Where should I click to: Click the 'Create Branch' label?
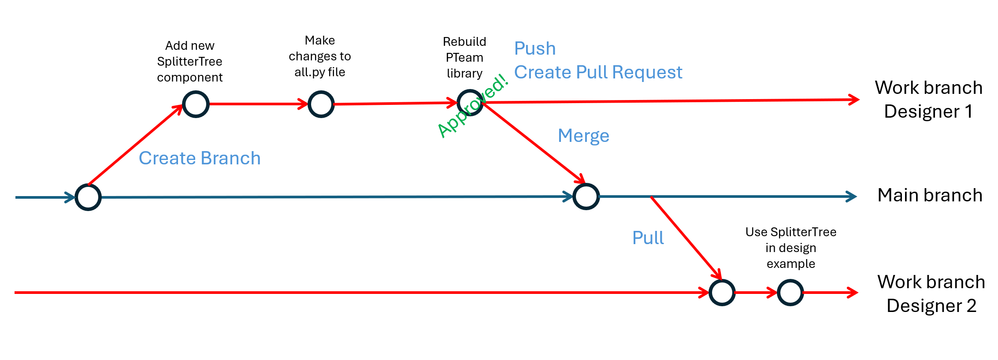200,158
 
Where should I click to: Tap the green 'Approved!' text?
473,106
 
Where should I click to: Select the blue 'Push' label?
535,48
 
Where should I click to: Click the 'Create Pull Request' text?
598,72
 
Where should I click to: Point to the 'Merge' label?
583,136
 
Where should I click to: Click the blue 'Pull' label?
648,238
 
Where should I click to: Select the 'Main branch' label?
930,195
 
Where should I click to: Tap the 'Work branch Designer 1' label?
928,100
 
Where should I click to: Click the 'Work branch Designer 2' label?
931,294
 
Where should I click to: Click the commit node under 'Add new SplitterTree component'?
196,104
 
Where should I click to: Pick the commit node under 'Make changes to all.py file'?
321,104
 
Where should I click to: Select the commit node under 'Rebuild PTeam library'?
470,103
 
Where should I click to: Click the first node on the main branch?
88,197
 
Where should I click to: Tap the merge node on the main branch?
586,197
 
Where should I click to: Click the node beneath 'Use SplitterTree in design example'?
790,293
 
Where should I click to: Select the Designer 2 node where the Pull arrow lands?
722,293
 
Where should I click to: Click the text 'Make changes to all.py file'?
320,56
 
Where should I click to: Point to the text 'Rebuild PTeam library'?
464,58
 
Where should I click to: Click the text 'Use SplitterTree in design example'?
790,248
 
